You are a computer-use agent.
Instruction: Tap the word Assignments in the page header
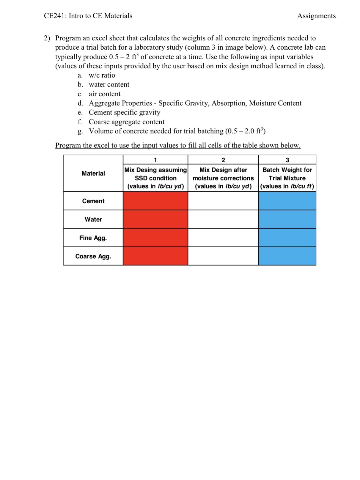(316, 16)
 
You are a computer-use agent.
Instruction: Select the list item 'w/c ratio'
(102, 75)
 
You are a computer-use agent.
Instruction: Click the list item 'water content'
(109, 84)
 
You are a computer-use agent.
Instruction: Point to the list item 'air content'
(105, 94)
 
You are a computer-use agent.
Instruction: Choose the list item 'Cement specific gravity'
(124, 112)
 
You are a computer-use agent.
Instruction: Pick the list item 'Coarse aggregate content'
(126, 122)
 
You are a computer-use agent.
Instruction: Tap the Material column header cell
(93, 173)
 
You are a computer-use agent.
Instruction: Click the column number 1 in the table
(155, 160)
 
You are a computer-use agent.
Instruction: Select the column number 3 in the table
(287, 160)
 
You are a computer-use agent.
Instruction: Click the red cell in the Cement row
(155, 201)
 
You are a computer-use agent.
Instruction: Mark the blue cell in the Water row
(287, 219)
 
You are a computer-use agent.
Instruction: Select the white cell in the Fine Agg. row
(223, 238)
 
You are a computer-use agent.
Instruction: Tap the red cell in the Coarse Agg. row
(155, 256)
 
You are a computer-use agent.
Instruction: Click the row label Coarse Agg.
(93, 256)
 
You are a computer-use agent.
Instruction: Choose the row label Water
(93, 219)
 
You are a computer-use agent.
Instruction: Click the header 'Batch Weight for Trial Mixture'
(287, 174)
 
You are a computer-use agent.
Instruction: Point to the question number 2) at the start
(47, 38)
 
